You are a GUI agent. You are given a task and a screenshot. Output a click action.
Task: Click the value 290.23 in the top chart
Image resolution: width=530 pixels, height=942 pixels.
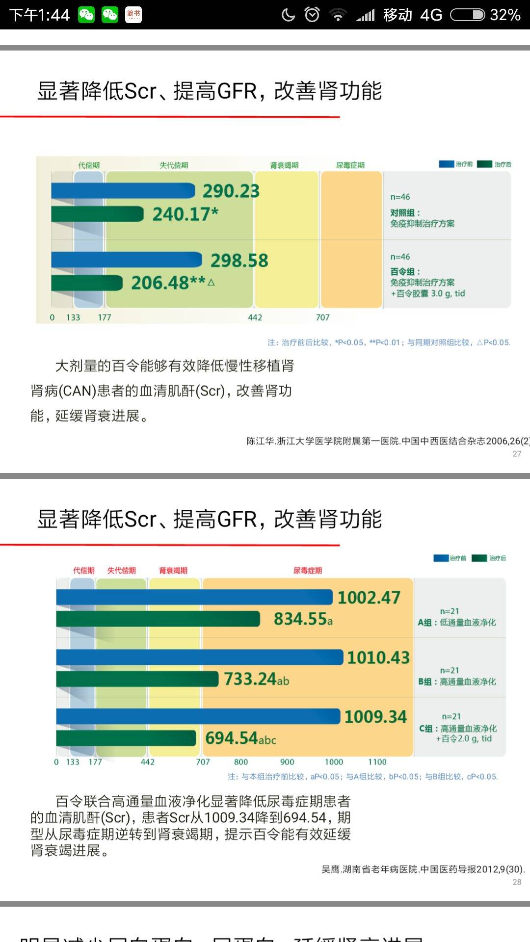pyautogui.click(x=231, y=191)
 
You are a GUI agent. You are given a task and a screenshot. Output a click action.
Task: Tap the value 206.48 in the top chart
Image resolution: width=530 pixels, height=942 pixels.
pyautogui.click(x=160, y=283)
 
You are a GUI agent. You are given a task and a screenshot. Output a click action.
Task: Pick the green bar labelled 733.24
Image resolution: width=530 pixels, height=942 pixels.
pyautogui.click(x=137, y=679)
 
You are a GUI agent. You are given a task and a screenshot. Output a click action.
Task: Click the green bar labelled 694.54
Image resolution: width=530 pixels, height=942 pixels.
pyautogui.click(x=126, y=738)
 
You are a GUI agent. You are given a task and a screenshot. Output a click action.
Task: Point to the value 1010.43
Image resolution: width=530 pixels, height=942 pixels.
pyautogui.click(x=378, y=657)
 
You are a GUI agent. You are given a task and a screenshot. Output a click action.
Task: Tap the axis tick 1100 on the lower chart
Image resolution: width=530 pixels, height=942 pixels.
pyautogui.click(x=377, y=762)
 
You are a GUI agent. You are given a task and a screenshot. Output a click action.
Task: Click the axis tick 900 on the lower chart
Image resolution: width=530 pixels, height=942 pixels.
pyautogui.click(x=287, y=762)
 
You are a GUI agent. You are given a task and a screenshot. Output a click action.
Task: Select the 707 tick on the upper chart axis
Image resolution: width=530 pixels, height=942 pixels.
pyautogui.click(x=322, y=317)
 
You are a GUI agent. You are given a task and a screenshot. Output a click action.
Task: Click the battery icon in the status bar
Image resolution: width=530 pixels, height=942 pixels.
pyautogui.click(x=468, y=15)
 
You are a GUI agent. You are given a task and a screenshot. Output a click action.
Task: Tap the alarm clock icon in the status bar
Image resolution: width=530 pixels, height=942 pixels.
pyautogui.click(x=312, y=15)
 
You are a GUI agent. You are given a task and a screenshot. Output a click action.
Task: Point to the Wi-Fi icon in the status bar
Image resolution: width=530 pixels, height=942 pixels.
pyautogui.click(x=338, y=15)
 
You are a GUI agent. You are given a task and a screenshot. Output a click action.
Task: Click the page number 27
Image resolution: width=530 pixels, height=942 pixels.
pyautogui.click(x=517, y=454)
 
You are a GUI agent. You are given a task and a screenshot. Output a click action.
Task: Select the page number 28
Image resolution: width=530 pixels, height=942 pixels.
pyautogui.click(x=517, y=882)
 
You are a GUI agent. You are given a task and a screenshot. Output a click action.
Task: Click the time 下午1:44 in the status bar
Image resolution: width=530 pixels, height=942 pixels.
pyautogui.click(x=40, y=15)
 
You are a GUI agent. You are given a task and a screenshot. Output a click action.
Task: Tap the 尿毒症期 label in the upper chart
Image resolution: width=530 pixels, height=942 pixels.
pyautogui.click(x=350, y=165)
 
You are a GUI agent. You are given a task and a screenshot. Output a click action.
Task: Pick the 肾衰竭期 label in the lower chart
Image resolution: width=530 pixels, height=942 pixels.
pyautogui.click(x=173, y=571)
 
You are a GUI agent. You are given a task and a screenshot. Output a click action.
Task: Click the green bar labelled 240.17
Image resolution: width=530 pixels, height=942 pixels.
pyautogui.click(x=97, y=214)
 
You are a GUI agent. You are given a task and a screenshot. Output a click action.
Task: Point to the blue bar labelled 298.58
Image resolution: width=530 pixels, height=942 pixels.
pyautogui.click(x=127, y=260)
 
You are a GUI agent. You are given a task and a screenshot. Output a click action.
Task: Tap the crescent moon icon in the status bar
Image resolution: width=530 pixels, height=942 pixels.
pyautogui.click(x=289, y=15)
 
